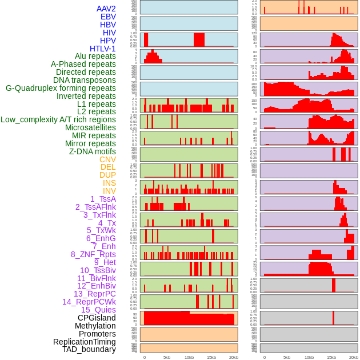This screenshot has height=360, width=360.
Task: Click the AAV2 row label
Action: [106, 9]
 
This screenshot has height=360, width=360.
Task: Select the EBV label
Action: [107, 17]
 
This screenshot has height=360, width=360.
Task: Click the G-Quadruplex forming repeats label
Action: [61, 88]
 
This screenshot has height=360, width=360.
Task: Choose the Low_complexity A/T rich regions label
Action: [58, 119]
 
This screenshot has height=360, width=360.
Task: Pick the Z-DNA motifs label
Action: [92, 151]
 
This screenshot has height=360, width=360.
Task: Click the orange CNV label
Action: [107, 159]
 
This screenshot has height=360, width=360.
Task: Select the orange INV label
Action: [109, 191]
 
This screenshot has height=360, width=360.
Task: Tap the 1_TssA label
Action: [103, 199]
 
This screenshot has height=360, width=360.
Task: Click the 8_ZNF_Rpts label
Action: [93, 254]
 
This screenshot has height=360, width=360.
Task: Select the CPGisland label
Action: [97, 318]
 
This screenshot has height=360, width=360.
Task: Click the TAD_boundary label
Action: [89, 349]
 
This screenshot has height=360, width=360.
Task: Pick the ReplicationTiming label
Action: [84, 342]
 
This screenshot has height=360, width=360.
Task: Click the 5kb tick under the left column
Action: [167, 357]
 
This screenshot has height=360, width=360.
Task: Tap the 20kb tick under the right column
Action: [354, 357]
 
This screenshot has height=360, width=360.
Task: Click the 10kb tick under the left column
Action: [189, 357]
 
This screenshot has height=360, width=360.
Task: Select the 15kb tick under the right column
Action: [331, 357]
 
